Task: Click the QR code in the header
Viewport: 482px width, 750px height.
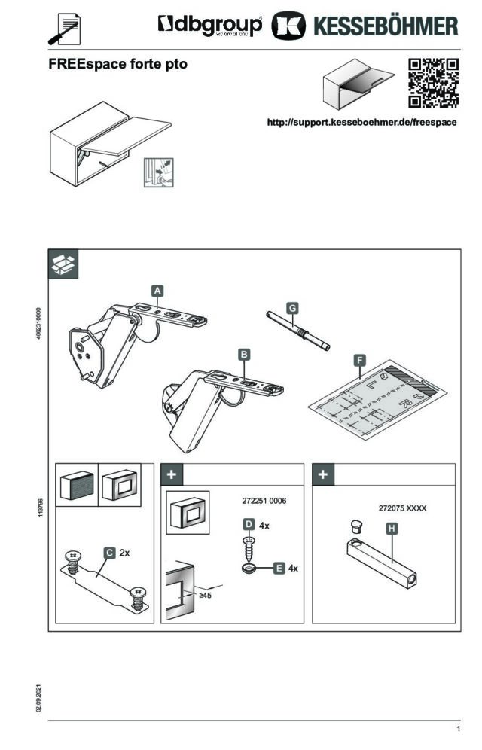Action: click(x=433, y=83)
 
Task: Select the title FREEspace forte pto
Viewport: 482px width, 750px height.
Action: click(x=117, y=65)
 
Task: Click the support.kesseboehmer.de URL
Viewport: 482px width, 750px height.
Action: click(x=362, y=122)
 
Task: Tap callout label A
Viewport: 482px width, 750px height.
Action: click(x=157, y=289)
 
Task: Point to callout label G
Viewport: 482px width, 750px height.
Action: click(x=292, y=307)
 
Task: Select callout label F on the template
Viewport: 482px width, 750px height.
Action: click(x=361, y=361)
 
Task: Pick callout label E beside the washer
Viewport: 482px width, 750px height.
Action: click(x=279, y=567)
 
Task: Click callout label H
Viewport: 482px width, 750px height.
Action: click(x=392, y=529)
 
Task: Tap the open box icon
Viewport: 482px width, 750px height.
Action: click(x=63, y=263)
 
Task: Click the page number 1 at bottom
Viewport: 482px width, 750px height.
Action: click(x=458, y=730)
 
